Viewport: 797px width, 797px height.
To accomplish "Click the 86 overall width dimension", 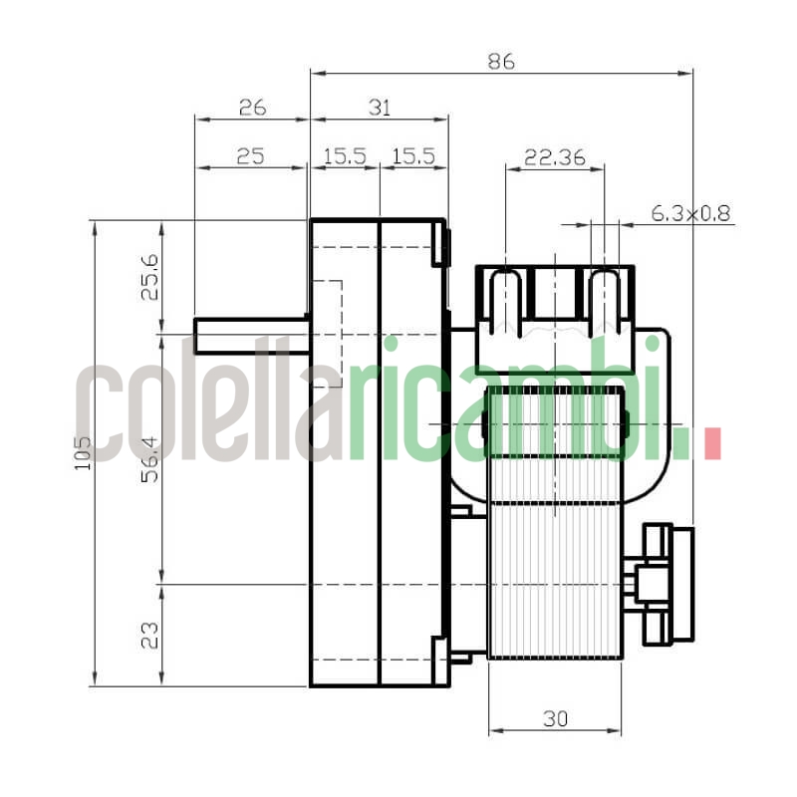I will tap(501, 61).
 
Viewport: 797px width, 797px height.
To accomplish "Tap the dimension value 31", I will tap(379, 107).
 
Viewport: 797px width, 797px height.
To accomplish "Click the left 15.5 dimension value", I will tap(345, 155).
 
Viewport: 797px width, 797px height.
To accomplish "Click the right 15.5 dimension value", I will tap(413, 155).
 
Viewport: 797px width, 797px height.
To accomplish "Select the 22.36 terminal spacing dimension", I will tap(555, 155).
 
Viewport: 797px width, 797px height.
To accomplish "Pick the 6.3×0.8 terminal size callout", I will tap(690, 212).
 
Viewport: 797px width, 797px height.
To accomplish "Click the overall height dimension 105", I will tap(82, 453).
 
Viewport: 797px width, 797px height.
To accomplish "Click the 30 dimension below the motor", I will tap(555, 718).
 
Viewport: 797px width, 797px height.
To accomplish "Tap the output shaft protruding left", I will tap(249, 335).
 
